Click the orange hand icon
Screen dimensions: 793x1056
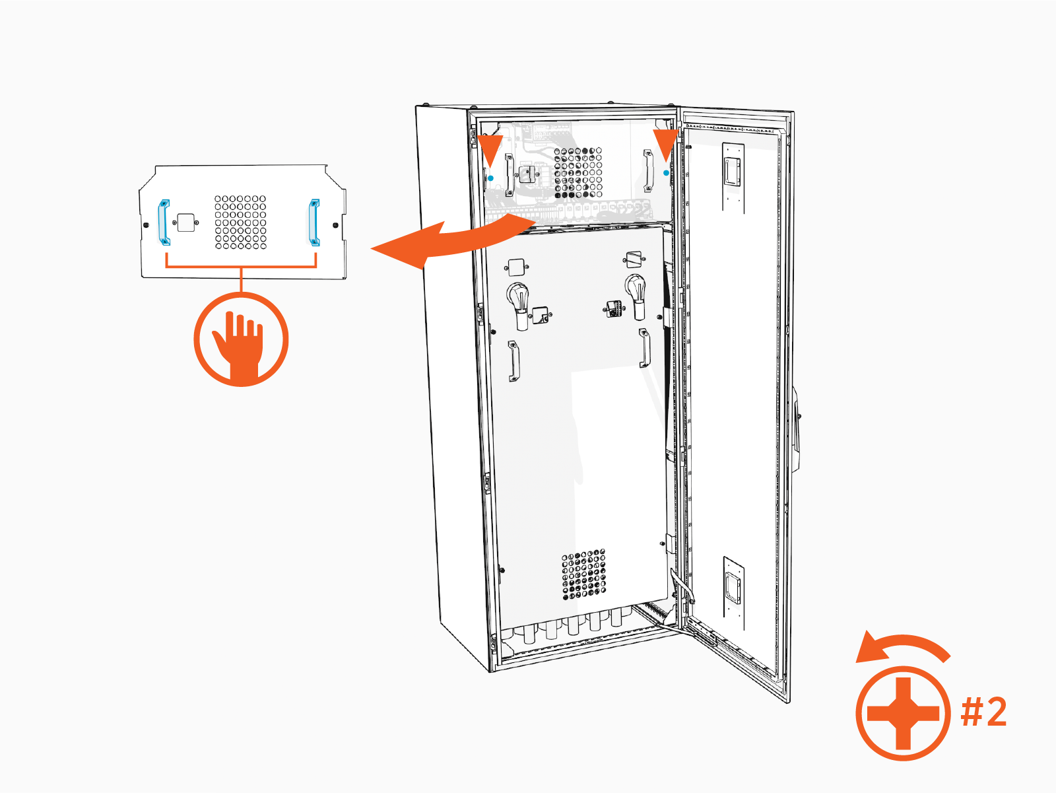(x=241, y=340)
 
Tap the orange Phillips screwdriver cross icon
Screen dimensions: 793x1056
(x=903, y=714)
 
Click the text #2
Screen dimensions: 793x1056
(x=983, y=712)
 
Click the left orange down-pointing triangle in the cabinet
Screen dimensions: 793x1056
(x=491, y=149)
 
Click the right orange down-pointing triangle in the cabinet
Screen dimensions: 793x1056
(x=665, y=144)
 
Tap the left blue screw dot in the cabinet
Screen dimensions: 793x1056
(x=491, y=178)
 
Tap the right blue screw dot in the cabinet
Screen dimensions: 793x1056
(x=666, y=173)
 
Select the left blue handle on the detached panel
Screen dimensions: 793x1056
(x=163, y=222)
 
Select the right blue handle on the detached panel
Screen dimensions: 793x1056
(x=315, y=222)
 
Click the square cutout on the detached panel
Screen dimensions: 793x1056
(x=186, y=223)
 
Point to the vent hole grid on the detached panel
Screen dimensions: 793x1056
(x=240, y=223)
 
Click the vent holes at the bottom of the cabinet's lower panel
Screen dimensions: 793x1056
(x=584, y=575)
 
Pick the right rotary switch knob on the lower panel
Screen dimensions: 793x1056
(x=636, y=294)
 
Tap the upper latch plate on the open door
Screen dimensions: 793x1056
(x=733, y=172)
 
